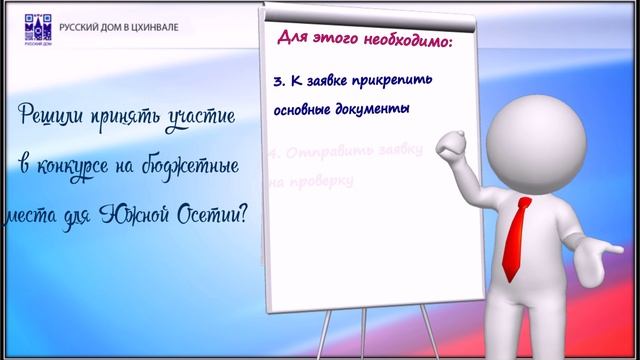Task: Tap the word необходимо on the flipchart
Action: [407, 42]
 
